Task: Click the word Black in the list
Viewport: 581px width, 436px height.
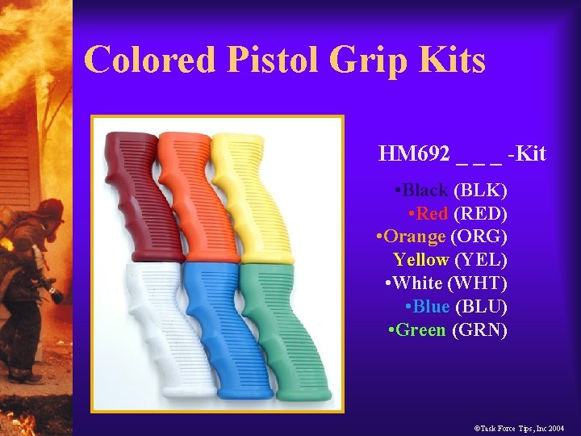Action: click(425, 191)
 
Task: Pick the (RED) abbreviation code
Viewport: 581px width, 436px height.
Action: click(481, 214)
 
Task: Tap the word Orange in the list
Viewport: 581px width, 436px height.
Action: click(415, 237)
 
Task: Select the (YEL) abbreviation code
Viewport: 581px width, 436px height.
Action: click(481, 260)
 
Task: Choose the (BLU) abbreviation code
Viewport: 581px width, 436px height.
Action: click(481, 307)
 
